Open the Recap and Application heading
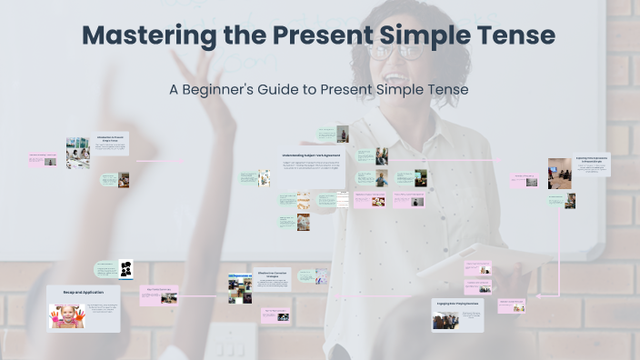click(x=84, y=293)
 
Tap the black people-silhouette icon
click(x=126, y=269)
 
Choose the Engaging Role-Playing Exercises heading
click(x=455, y=305)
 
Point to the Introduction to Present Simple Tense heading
click(x=111, y=140)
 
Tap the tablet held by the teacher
click(x=455, y=264)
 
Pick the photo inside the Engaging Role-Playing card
click(x=445, y=320)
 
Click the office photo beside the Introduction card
click(x=77, y=153)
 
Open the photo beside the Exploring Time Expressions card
click(x=559, y=172)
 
